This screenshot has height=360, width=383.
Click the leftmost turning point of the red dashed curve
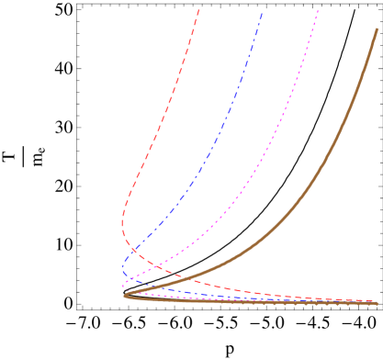pyautogui.click(x=122, y=220)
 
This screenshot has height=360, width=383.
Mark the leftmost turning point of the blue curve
pyautogui.click(x=122, y=269)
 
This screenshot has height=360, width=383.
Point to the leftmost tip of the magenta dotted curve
pyautogui.click(x=123, y=283)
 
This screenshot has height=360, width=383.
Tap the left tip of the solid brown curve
pyautogui.click(x=125, y=295)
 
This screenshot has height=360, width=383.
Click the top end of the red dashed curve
pyautogui.click(x=198, y=9)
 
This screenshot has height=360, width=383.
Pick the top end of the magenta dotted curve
pyautogui.click(x=319, y=10)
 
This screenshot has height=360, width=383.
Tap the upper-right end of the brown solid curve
pyautogui.click(x=377, y=29)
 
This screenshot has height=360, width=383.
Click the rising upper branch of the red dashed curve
pyautogui.click(x=156, y=138)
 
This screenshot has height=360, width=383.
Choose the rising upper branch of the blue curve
pyautogui.click(x=211, y=156)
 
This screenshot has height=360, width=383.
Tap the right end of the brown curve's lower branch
pyautogui.click(x=377, y=303)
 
